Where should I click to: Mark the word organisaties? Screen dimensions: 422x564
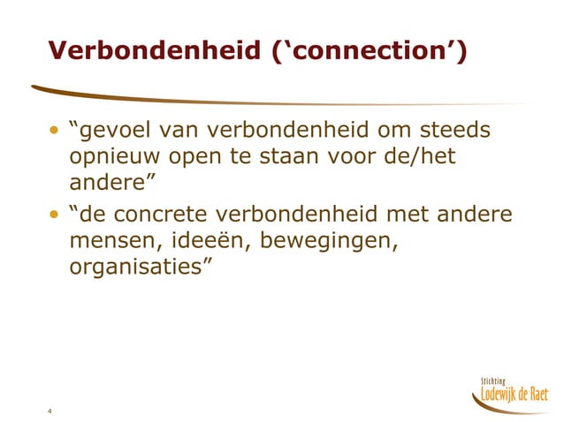137,268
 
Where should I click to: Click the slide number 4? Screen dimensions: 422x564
51,412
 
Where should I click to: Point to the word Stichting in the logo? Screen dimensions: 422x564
496,380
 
